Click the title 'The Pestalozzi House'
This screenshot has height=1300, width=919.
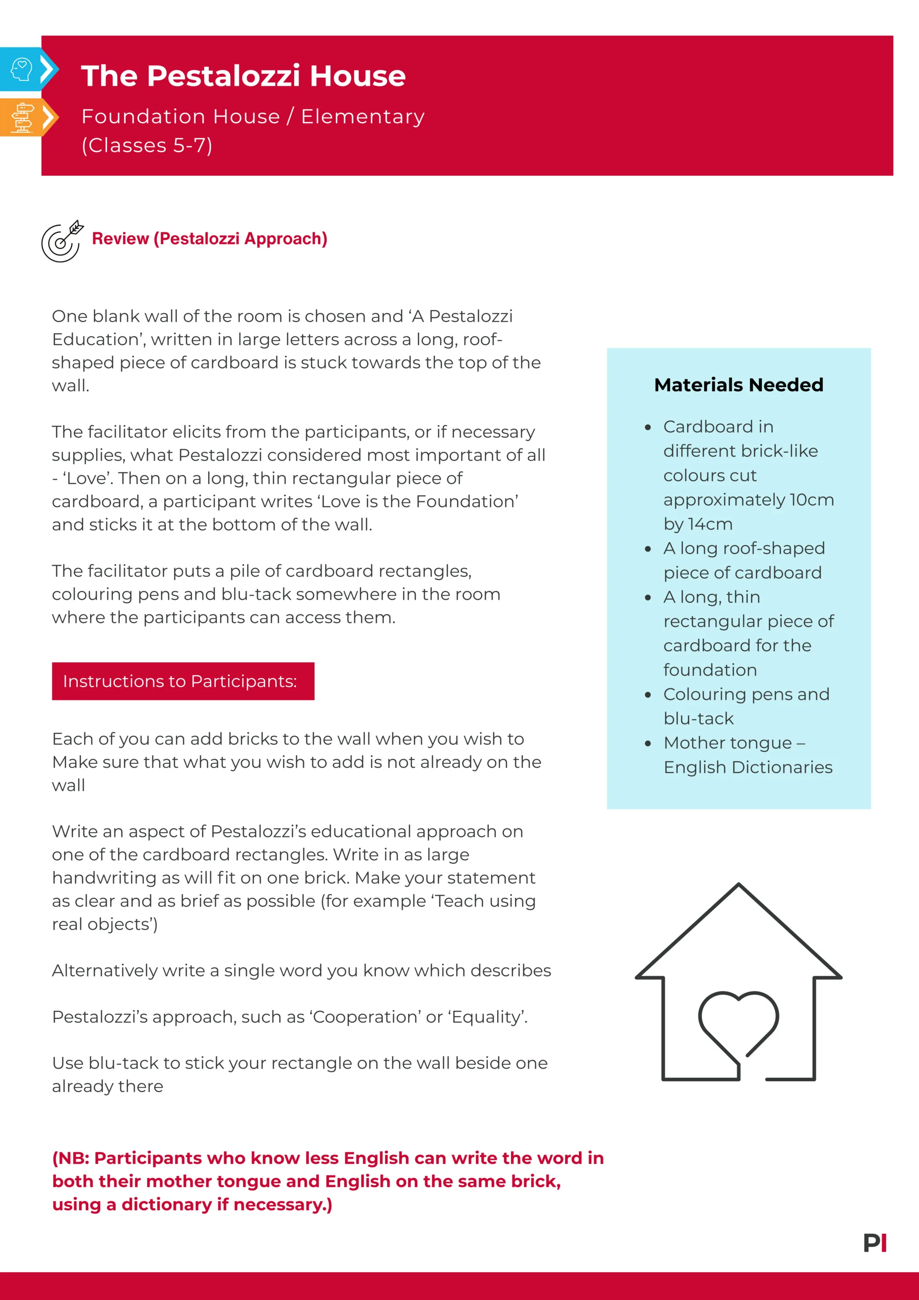pos(243,76)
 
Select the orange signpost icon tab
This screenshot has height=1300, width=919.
pos(22,117)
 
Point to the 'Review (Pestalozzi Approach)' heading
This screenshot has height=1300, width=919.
pos(210,239)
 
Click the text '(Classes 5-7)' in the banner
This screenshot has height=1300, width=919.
pos(147,146)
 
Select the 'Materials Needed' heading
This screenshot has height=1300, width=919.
pos(738,385)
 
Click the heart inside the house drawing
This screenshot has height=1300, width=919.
pos(738,1019)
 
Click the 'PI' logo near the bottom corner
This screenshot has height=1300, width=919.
pos(874,1243)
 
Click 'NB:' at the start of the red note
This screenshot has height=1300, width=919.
pos(74,1158)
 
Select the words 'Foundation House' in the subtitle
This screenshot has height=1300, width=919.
pos(181,117)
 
